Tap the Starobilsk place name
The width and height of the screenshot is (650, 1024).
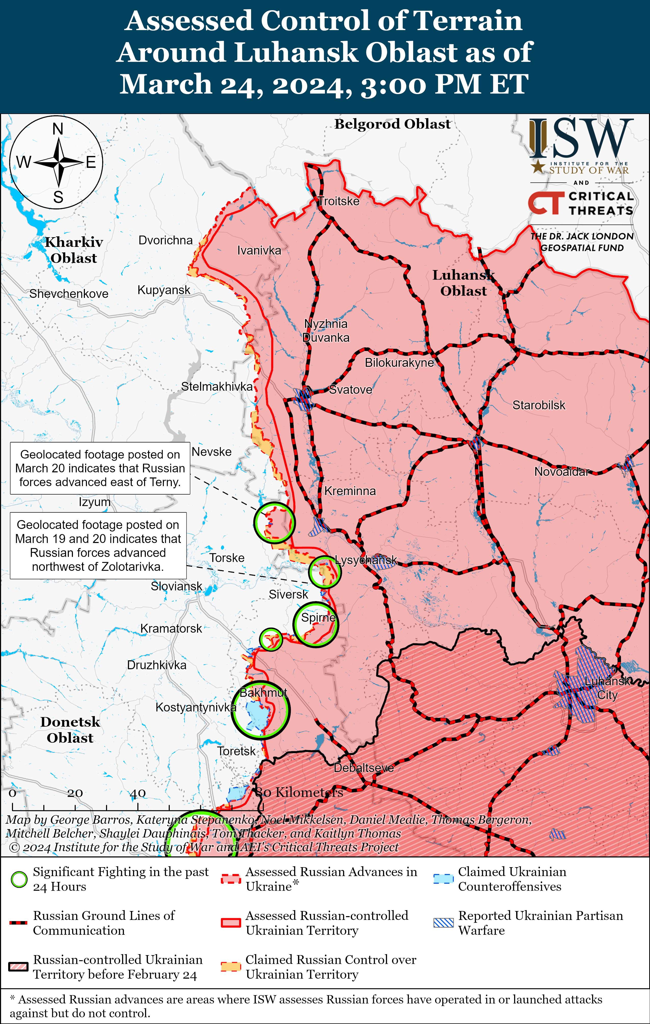click(539, 405)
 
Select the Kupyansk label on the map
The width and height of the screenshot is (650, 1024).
click(164, 290)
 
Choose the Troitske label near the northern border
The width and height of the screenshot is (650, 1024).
click(339, 201)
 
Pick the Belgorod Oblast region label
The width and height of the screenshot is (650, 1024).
click(392, 124)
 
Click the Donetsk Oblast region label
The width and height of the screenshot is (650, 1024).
click(70, 730)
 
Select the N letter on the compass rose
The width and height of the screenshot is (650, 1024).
click(58, 129)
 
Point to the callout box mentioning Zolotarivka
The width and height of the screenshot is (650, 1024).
click(98, 546)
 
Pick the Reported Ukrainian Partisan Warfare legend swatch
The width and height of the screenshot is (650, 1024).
click(443, 923)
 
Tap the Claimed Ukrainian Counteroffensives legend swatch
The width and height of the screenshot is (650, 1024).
click(443, 879)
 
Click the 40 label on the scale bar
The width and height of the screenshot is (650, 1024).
click(138, 793)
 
